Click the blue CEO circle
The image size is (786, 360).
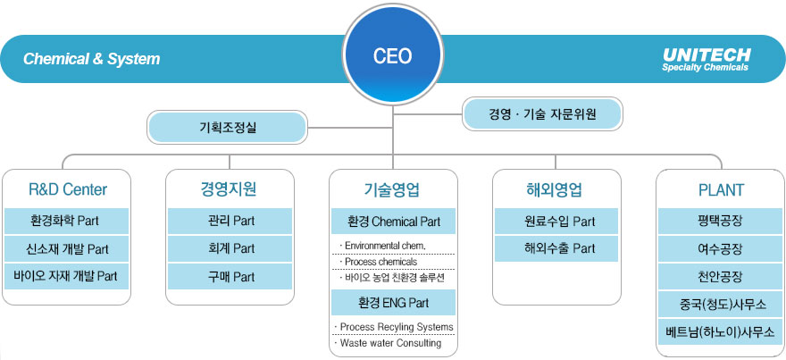click(392, 56)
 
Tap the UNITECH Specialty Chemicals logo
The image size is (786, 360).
click(706, 59)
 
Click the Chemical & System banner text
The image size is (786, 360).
click(91, 60)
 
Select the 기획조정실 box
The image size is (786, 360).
click(227, 128)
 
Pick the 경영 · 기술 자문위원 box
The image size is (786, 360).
click(542, 114)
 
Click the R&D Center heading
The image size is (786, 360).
click(68, 189)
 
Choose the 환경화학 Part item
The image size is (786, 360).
click(64, 220)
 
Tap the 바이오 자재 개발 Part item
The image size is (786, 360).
click(65, 277)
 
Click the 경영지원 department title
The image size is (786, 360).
click(230, 189)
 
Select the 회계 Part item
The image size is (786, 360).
click(230, 248)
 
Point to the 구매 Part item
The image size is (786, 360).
click(230, 277)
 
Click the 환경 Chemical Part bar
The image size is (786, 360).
click(393, 220)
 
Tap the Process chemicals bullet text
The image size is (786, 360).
click(380, 262)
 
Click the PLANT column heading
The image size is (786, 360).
click(721, 189)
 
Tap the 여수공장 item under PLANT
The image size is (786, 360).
click(721, 248)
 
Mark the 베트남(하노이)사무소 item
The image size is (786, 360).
click(721, 332)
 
